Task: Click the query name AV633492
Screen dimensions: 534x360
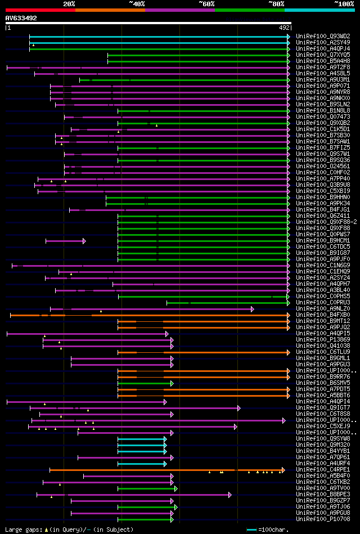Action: tap(21, 18)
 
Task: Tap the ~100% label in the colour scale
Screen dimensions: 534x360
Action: tap(344, 4)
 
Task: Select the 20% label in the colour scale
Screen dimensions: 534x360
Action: tap(69, 4)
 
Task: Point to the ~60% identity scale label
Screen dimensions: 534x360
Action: tap(206, 4)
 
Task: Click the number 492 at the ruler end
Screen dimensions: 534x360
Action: tap(284, 27)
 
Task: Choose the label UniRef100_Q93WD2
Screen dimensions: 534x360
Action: tap(322, 36)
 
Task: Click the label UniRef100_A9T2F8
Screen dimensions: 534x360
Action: tap(322, 67)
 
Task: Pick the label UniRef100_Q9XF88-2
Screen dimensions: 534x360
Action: tap(326, 222)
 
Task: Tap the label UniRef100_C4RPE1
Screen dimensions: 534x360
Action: tap(322, 469)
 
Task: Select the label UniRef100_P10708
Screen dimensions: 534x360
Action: tap(322, 519)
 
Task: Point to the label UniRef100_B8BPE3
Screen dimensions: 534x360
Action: tap(322, 494)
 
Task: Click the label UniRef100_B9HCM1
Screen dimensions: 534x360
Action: tap(322, 240)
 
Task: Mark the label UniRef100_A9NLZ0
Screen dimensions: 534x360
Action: tap(322, 308)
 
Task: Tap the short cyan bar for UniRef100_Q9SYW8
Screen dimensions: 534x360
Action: tap(142, 438)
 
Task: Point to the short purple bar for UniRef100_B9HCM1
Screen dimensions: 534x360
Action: tap(65, 240)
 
